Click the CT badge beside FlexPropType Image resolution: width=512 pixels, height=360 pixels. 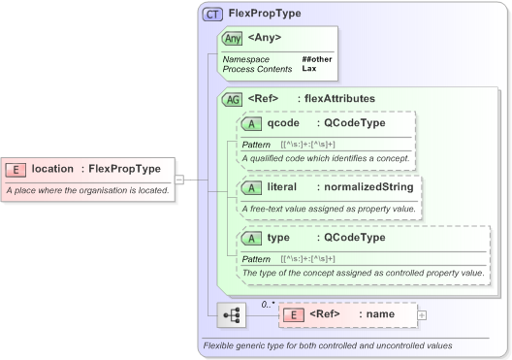tap(212, 14)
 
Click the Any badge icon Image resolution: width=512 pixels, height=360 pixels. tap(233, 39)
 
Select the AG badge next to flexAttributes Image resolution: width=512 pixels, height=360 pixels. tap(233, 98)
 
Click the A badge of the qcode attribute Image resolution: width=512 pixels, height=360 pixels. tap(252, 124)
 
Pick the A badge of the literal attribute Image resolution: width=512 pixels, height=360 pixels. tap(252, 186)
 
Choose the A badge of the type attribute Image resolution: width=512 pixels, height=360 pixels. tap(252, 238)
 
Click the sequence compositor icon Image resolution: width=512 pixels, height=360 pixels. tap(232, 315)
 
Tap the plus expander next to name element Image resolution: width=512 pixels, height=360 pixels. tap(422, 314)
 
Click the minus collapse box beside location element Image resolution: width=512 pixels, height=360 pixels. tap(180, 180)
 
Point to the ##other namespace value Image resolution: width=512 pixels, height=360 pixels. tap(316, 59)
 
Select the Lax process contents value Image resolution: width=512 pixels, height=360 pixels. tap(308, 69)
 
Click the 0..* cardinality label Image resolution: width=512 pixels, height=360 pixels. tap(269, 304)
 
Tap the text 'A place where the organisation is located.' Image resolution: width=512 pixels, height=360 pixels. tap(88, 190)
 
